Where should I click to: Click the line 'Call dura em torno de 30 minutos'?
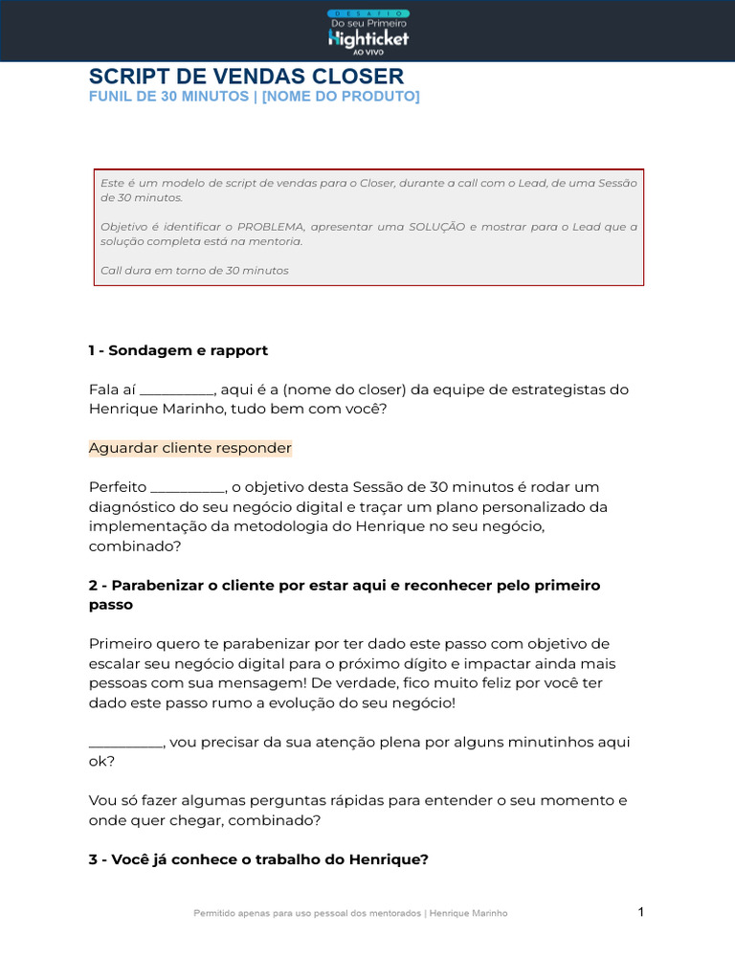coord(194,271)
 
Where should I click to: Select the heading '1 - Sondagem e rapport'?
coord(178,350)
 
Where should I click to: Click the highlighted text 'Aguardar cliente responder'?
coord(190,448)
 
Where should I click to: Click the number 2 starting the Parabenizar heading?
coord(93,585)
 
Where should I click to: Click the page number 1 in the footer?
coord(641,912)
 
